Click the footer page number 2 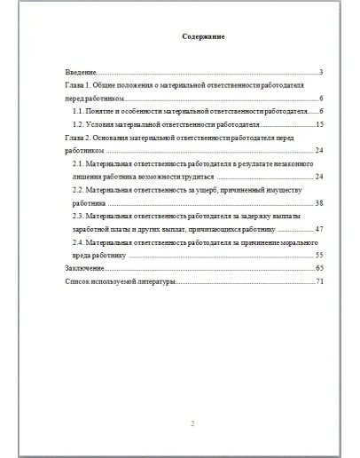(192, 422)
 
